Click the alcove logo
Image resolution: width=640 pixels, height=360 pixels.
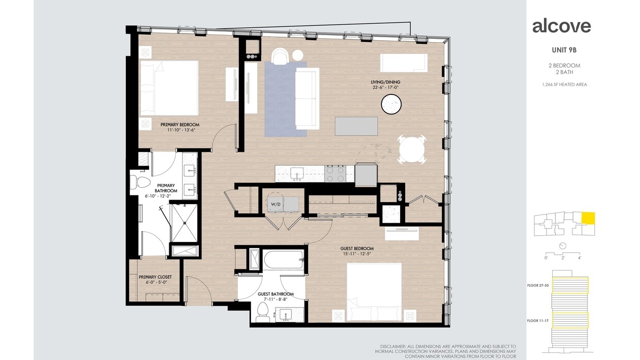click(561, 26)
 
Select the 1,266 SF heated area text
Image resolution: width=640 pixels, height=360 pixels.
click(564, 85)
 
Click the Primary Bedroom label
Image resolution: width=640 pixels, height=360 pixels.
click(180, 125)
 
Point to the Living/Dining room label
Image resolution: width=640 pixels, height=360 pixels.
click(385, 82)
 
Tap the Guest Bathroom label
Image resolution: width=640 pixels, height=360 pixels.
click(276, 294)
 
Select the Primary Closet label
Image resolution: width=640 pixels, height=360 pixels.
click(155, 277)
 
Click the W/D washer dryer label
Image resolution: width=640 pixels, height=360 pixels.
click(276, 204)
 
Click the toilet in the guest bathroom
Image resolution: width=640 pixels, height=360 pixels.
click(263, 311)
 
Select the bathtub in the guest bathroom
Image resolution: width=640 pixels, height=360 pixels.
click(283, 259)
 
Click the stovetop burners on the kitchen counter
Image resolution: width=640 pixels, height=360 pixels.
click(334, 174)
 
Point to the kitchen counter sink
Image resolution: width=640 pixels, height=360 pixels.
click(296, 173)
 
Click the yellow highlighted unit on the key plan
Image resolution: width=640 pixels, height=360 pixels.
click(588, 218)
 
